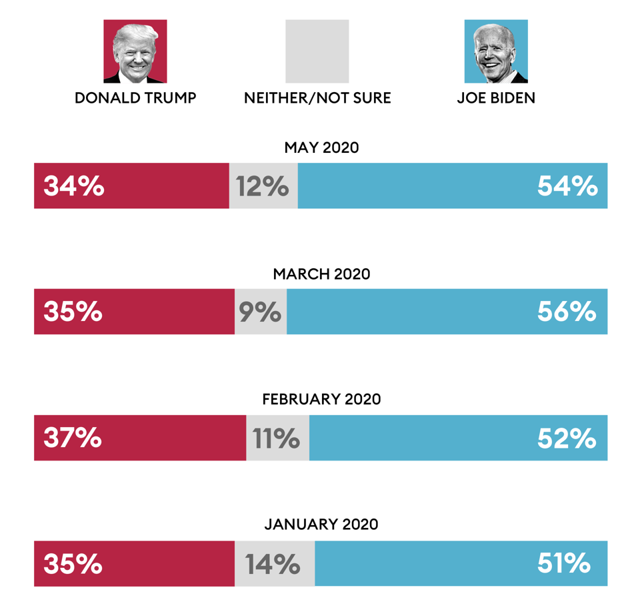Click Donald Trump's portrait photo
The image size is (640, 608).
pos(135,51)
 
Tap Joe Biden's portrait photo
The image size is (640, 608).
pos(496,51)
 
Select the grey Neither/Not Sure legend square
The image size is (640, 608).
pos(317,51)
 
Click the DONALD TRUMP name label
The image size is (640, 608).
pos(135,98)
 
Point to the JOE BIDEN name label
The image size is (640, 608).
pos(496,98)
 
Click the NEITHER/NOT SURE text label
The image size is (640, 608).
pos(317,98)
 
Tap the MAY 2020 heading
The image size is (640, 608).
pos(321,147)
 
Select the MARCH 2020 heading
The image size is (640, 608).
pos(321,274)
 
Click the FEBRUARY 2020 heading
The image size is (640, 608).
pos(321,399)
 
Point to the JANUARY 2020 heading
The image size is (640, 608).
pos(321,525)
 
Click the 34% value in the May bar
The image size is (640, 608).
pos(74,186)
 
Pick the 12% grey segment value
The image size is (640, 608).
pos(263,186)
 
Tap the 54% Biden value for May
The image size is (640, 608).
pos(567,186)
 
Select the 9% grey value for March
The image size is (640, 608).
pos(260,312)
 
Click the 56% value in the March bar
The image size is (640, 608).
pos(567,312)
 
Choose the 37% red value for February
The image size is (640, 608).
pos(73,438)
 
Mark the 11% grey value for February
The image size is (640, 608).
pos(276,438)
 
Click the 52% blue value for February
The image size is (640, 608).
pos(567,438)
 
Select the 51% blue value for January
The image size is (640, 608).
pos(564,564)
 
